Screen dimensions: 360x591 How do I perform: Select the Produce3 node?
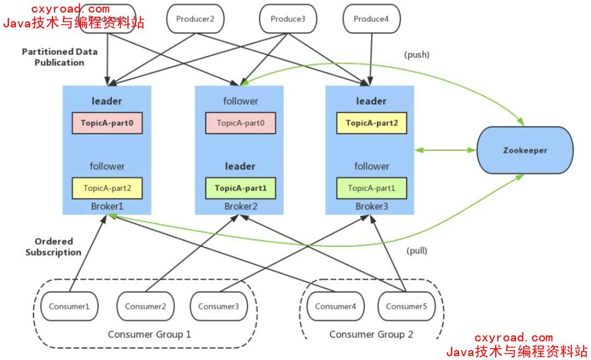click(x=288, y=19)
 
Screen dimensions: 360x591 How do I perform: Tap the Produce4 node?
click(x=371, y=19)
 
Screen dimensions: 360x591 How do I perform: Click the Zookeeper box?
click(x=525, y=150)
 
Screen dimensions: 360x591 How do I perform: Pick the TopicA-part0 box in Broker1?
click(x=107, y=123)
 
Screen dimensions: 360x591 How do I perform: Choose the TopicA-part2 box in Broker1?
click(x=107, y=188)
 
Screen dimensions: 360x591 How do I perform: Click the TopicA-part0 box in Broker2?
click(x=240, y=123)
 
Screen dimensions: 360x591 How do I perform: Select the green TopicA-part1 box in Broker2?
click(x=240, y=188)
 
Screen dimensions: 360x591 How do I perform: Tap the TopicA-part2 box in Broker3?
click(x=372, y=123)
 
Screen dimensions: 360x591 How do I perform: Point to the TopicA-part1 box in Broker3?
click(x=372, y=188)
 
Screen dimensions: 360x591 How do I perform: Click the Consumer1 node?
click(x=69, y=306)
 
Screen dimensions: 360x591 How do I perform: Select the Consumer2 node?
click(x=145, y=306)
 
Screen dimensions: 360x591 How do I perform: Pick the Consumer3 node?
click(x=218, y=306)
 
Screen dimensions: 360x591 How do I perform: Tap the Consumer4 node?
click(x=335, y=306)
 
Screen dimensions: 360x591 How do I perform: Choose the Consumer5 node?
click(x=406, y=306)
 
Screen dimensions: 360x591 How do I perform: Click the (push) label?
click(x=416, y=55)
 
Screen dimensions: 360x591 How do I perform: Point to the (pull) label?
click(x=416, y=251)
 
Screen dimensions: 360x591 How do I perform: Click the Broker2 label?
click(x=240, y=207)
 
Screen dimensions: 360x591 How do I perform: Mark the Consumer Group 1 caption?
click(x=149, y=334)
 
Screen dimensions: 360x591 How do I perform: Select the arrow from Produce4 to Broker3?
click(x=372, y=57)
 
